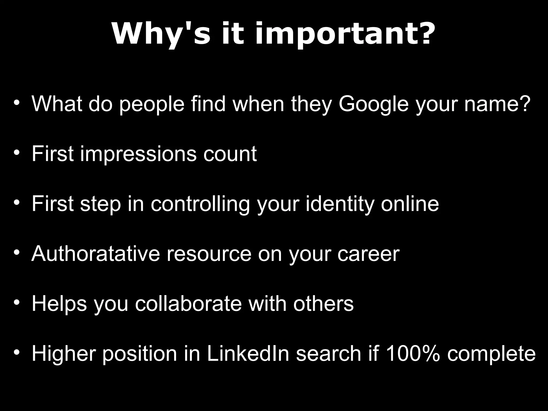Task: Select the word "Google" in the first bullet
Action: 374,104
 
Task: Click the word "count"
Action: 230,154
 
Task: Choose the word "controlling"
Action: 200,204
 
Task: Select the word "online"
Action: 410,204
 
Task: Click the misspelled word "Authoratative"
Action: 96,253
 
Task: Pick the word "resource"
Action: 209,254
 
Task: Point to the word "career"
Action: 368,254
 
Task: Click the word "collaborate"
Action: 188,303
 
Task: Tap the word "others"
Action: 323,303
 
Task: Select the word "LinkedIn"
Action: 248,353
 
